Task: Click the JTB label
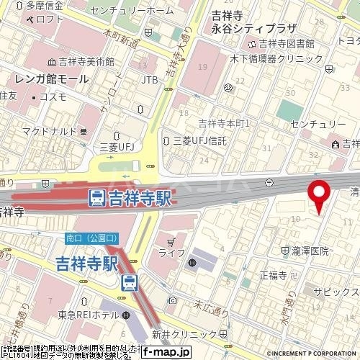pos(150,78)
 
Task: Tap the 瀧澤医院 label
pos(310,251)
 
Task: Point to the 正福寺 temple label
pos(273,275)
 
